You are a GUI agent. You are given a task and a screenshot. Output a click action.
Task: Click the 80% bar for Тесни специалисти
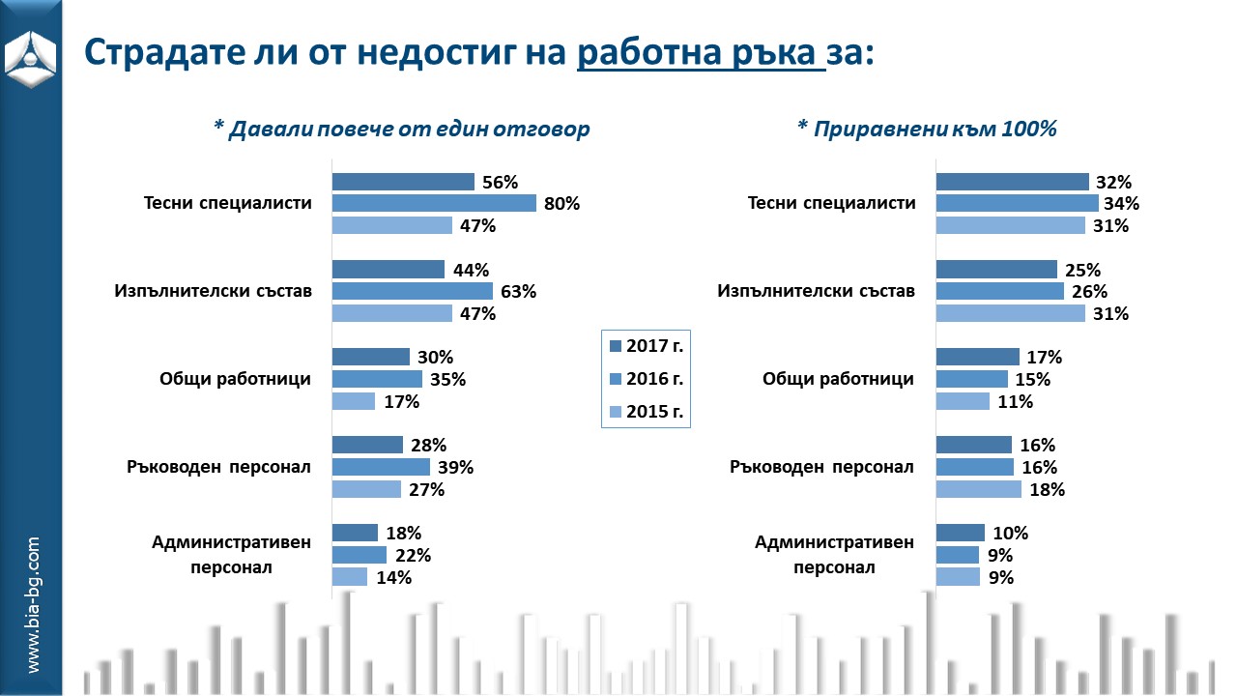434,203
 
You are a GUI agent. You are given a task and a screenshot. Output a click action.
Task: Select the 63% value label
517,291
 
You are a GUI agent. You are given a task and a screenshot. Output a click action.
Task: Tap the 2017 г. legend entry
646,345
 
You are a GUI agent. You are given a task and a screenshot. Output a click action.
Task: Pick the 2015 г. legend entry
646,411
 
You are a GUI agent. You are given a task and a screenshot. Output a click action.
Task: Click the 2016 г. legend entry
646,378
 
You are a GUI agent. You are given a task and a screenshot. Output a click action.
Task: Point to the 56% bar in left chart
403,182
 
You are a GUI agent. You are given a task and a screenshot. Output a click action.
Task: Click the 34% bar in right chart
1017,203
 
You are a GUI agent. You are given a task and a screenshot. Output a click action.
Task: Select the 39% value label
454,467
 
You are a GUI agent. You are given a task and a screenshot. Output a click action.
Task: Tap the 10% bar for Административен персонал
960,533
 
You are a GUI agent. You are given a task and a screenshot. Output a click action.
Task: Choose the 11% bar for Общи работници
963,401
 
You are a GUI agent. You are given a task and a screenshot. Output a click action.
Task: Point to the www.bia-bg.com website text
33,605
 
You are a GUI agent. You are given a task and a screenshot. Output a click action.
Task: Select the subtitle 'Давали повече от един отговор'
401,129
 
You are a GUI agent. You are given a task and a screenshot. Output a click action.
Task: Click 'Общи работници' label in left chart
235,378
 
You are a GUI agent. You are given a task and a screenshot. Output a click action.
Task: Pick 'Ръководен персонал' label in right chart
821,467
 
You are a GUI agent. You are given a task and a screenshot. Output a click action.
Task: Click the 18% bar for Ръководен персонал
978,489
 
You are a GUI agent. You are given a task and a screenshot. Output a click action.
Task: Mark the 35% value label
446,379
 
